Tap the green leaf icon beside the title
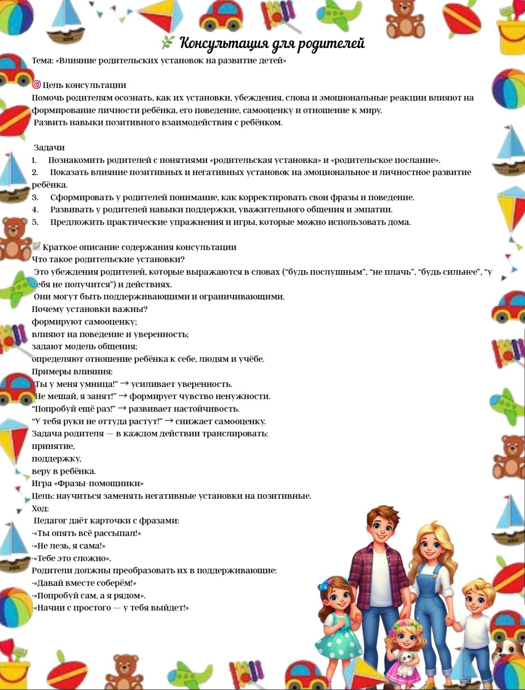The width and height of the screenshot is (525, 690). [x=167, y=43]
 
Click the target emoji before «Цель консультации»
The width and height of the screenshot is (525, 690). [x=36, y=84]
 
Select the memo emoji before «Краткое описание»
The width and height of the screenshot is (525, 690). [x=36, y=246]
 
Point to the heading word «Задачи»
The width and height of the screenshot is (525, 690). [x=49, y=148]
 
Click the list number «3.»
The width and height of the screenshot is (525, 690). [x=35, y=198]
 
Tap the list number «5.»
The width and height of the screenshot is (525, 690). [x=35, y=222]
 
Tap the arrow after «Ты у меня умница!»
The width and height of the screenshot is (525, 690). [x=124, y=384]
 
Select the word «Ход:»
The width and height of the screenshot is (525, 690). [x=40, y=509]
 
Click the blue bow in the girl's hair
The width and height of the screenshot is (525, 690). [x=324, y=585]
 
